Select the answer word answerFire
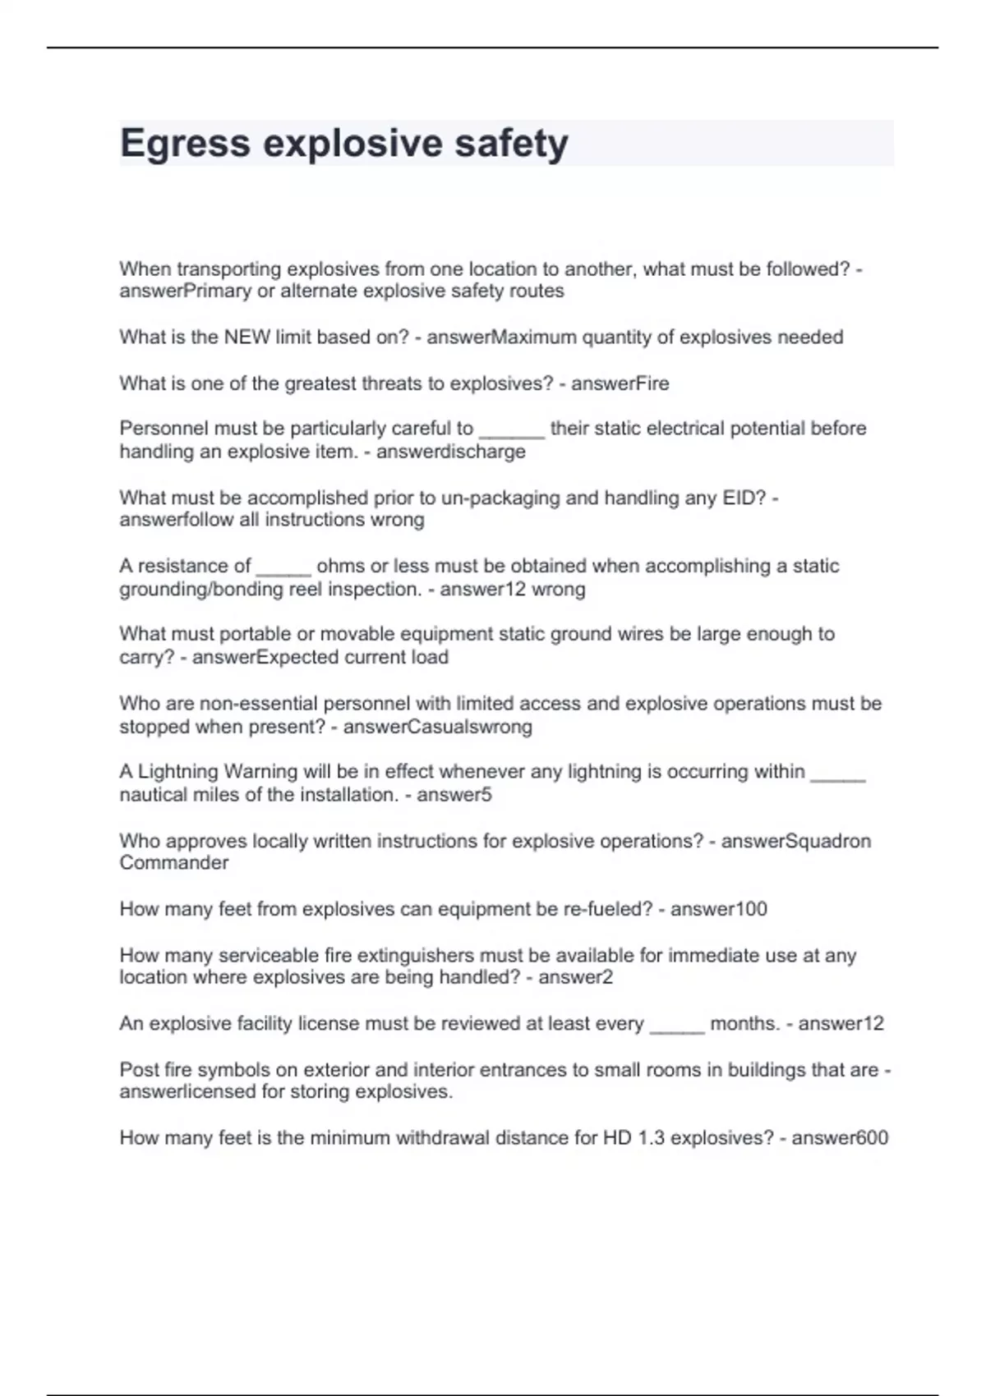(x=620, y=383)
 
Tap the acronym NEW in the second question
(x=246, y=338)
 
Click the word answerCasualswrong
(x=437, y=727)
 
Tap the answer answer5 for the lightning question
(x=454, y=795)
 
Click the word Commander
(x=174, y=863)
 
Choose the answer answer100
(x=719, y=909)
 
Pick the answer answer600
(x=840, y=1138)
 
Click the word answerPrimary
(x=185, y=292)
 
